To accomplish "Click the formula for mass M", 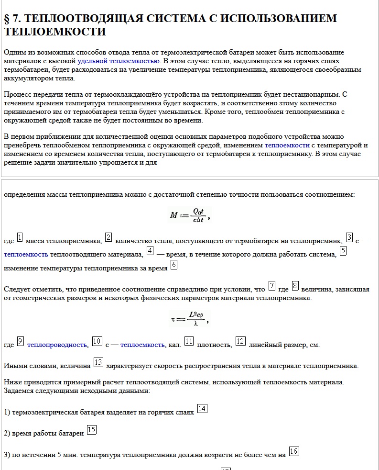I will (189, 215).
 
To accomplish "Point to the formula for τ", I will (189, 318).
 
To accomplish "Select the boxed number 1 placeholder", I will (20, 237).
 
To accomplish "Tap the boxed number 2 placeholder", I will (108, 237).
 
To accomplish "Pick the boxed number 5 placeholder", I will (343, 250).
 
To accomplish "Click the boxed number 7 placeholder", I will (271, 286).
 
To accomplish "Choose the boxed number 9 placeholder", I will (21, 341).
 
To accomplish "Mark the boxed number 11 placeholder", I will (189, 341).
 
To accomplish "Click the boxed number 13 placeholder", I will (98, 362).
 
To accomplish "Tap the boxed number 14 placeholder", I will (202, 408).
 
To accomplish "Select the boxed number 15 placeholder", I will (91, 430).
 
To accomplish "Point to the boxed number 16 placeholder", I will (294, 451).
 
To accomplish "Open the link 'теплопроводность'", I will (57, 345).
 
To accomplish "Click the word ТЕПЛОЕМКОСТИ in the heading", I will (54, 32).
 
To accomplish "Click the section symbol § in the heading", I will (8, 19).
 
